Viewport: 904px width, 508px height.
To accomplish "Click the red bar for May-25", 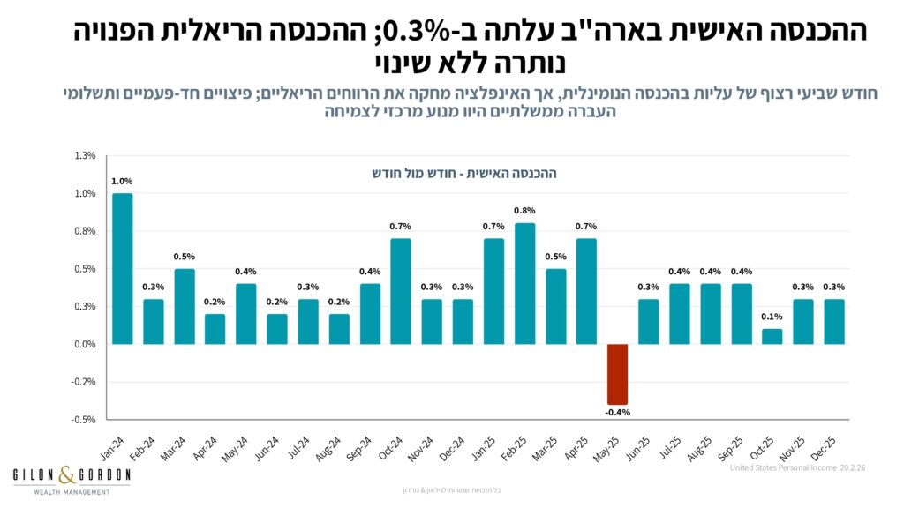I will [618, 374].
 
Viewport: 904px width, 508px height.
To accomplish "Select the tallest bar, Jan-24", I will [123, 269].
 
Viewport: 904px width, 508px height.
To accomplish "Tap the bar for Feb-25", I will [524, 283].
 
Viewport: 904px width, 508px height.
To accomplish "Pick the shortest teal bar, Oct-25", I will [772, 336].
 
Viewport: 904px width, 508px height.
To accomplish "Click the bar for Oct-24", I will [401, 291].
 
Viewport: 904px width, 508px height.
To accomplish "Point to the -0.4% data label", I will [617, 412].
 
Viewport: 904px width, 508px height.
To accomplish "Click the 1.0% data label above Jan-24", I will [122, 182].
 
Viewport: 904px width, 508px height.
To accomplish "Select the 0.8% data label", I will [524, 211].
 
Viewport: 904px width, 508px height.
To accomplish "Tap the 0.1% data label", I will [772, 317].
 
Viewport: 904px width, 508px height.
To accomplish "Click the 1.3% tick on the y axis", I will [86, 156].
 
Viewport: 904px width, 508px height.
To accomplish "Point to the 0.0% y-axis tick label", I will [85, 345].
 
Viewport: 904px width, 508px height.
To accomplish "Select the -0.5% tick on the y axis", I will [84, 420].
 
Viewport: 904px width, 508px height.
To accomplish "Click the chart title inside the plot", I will [463, 174].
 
